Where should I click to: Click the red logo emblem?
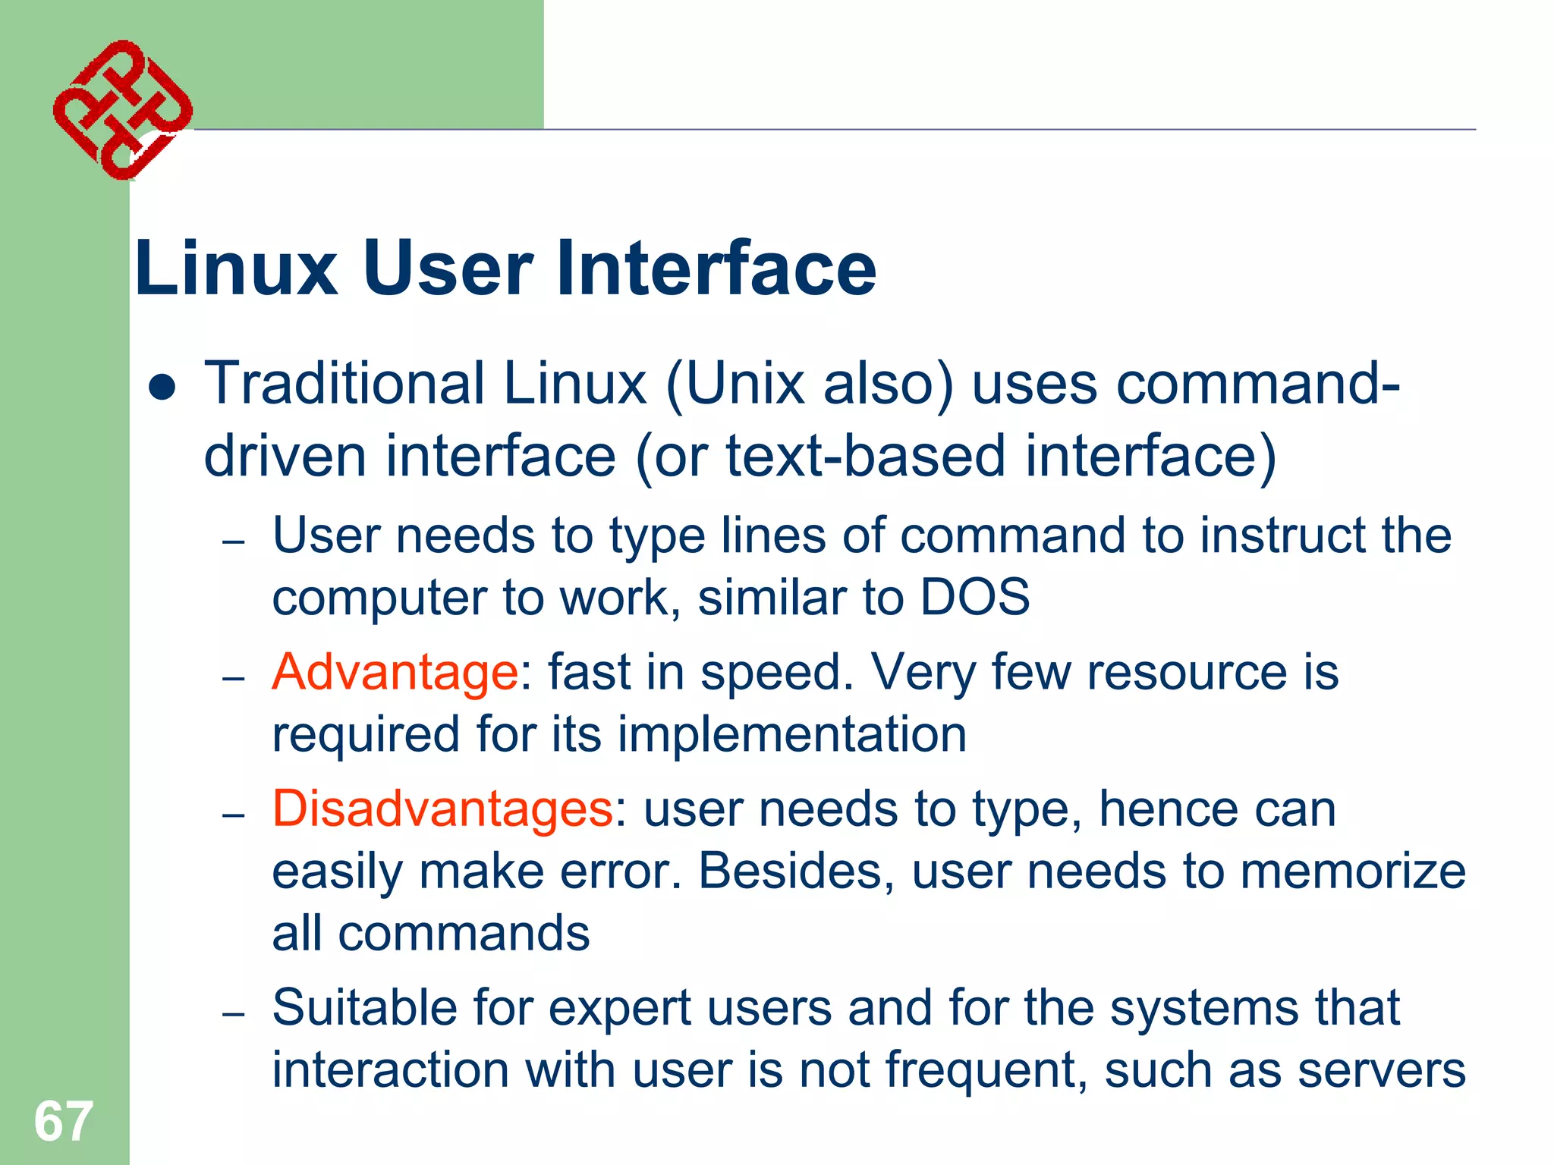point(122,110)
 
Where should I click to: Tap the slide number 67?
point(63,1121)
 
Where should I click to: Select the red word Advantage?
point(395,673)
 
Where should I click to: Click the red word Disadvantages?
point(442,809)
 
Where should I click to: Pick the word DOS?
point(974,597)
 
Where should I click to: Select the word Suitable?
point(364,1008)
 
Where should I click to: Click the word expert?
point(619,1010)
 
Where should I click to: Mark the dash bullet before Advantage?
point(233,678)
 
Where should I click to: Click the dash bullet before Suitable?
point(233,1013)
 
